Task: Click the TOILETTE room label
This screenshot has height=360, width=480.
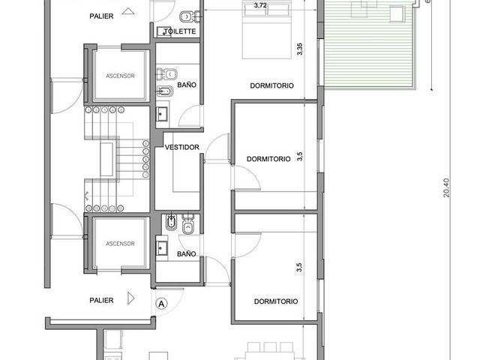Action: [x=180, y=31]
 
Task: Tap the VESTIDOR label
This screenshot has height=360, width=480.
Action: [x=182, y=147]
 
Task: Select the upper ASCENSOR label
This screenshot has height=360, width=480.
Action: [x=120, y=76]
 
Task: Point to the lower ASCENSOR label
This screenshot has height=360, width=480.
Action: [x=120, y=244]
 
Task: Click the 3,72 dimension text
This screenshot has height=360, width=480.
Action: [x=260, y=5]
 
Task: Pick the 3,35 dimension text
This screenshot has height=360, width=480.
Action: [x=300, y=49]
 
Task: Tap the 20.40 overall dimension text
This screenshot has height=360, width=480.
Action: [x=446, y=187]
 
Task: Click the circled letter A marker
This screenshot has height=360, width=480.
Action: [x=161, y=304]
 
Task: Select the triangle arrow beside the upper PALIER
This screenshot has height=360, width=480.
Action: [x=128, y=11]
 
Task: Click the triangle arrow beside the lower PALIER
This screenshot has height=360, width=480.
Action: [x=130, y=298]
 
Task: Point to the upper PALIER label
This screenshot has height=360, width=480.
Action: [x=101, y=16]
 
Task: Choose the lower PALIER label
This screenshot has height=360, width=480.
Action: [x=101, y=300]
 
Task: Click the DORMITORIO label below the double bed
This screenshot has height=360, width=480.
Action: [x=271, y=85]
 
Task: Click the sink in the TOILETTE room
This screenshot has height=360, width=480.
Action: [x=163, y=31]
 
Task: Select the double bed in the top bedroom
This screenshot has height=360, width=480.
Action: [x=267, y=29]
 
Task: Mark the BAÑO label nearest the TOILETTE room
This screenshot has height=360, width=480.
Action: [x=187, y=85]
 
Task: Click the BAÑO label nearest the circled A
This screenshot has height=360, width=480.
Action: [x=187, y=253]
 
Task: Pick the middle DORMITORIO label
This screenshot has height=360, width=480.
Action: [x=268, y=159]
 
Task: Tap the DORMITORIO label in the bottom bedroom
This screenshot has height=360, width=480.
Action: [x=276, y=301]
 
